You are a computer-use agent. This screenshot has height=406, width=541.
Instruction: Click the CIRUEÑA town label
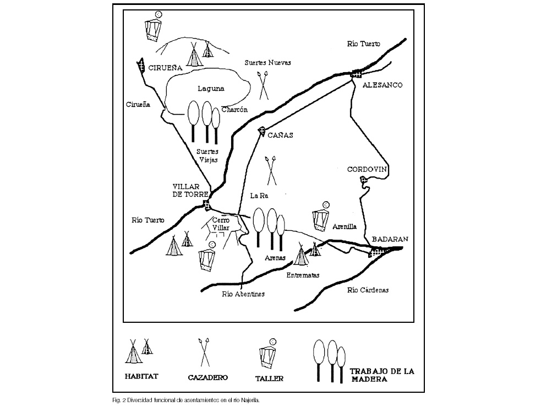point(165,68)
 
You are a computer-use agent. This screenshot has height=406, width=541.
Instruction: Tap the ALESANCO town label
point(382,85)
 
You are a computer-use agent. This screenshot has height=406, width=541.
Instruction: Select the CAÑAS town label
point(280,135)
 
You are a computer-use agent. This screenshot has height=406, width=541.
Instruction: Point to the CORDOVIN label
point(367,170)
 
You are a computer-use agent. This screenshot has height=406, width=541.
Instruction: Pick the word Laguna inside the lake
point(211,89)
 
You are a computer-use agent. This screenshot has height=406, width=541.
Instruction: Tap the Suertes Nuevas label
point(267,62)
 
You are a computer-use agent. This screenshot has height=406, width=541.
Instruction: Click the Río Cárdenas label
point(368,290)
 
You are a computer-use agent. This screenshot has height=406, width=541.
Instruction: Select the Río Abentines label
point(243,294)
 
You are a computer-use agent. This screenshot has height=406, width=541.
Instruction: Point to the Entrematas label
point(303,275)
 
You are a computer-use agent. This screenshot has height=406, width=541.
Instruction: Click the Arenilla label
point(345,226)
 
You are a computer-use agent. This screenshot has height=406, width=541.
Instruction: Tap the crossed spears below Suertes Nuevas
point(263,85)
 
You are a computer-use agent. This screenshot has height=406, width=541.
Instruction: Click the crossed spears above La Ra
point(271,171)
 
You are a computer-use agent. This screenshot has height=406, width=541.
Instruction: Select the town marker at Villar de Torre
point(206,204)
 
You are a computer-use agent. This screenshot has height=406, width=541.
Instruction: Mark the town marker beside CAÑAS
point(261,130)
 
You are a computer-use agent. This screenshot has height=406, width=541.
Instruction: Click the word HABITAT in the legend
point(141,376)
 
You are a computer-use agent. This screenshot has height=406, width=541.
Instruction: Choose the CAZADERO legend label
point(207,378)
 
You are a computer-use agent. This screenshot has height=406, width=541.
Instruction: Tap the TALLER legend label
point(269,378)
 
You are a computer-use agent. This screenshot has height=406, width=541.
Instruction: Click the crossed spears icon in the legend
point(205,353)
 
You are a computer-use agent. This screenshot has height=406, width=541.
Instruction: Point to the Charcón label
point(234,110)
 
